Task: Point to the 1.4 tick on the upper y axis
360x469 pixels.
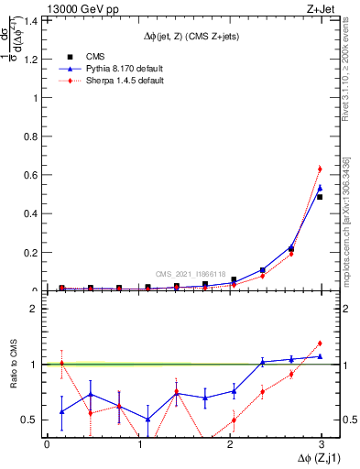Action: [34, 19]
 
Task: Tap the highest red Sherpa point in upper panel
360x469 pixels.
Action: [319, 169]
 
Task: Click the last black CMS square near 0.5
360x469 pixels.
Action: [319, 197]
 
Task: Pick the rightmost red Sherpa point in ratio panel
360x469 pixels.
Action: [319, 344]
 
